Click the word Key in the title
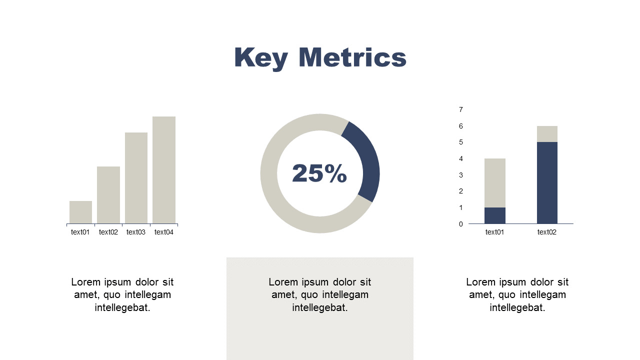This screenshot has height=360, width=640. point(261,58)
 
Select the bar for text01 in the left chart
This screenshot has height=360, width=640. point(80,212)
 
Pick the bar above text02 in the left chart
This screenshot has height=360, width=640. point(108,195)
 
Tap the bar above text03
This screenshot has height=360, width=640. point(136,178)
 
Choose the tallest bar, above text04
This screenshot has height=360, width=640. point(164,170)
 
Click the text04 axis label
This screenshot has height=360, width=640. point(164,232)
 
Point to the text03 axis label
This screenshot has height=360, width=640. point(136,232)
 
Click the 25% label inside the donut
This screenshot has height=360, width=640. point(319,173)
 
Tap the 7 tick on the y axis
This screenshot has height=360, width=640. point(461,109)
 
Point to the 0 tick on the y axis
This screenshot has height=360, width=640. point(461,224)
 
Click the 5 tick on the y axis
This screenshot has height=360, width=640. point(461,142)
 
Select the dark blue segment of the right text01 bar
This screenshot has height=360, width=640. point(495,215)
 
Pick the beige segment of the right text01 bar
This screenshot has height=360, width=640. point(495,183)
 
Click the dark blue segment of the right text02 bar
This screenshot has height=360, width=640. point(547,183)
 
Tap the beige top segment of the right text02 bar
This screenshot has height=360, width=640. point(547,134)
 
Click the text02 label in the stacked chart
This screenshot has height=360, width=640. point(547,232)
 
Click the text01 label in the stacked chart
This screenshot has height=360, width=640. point(495,232)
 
